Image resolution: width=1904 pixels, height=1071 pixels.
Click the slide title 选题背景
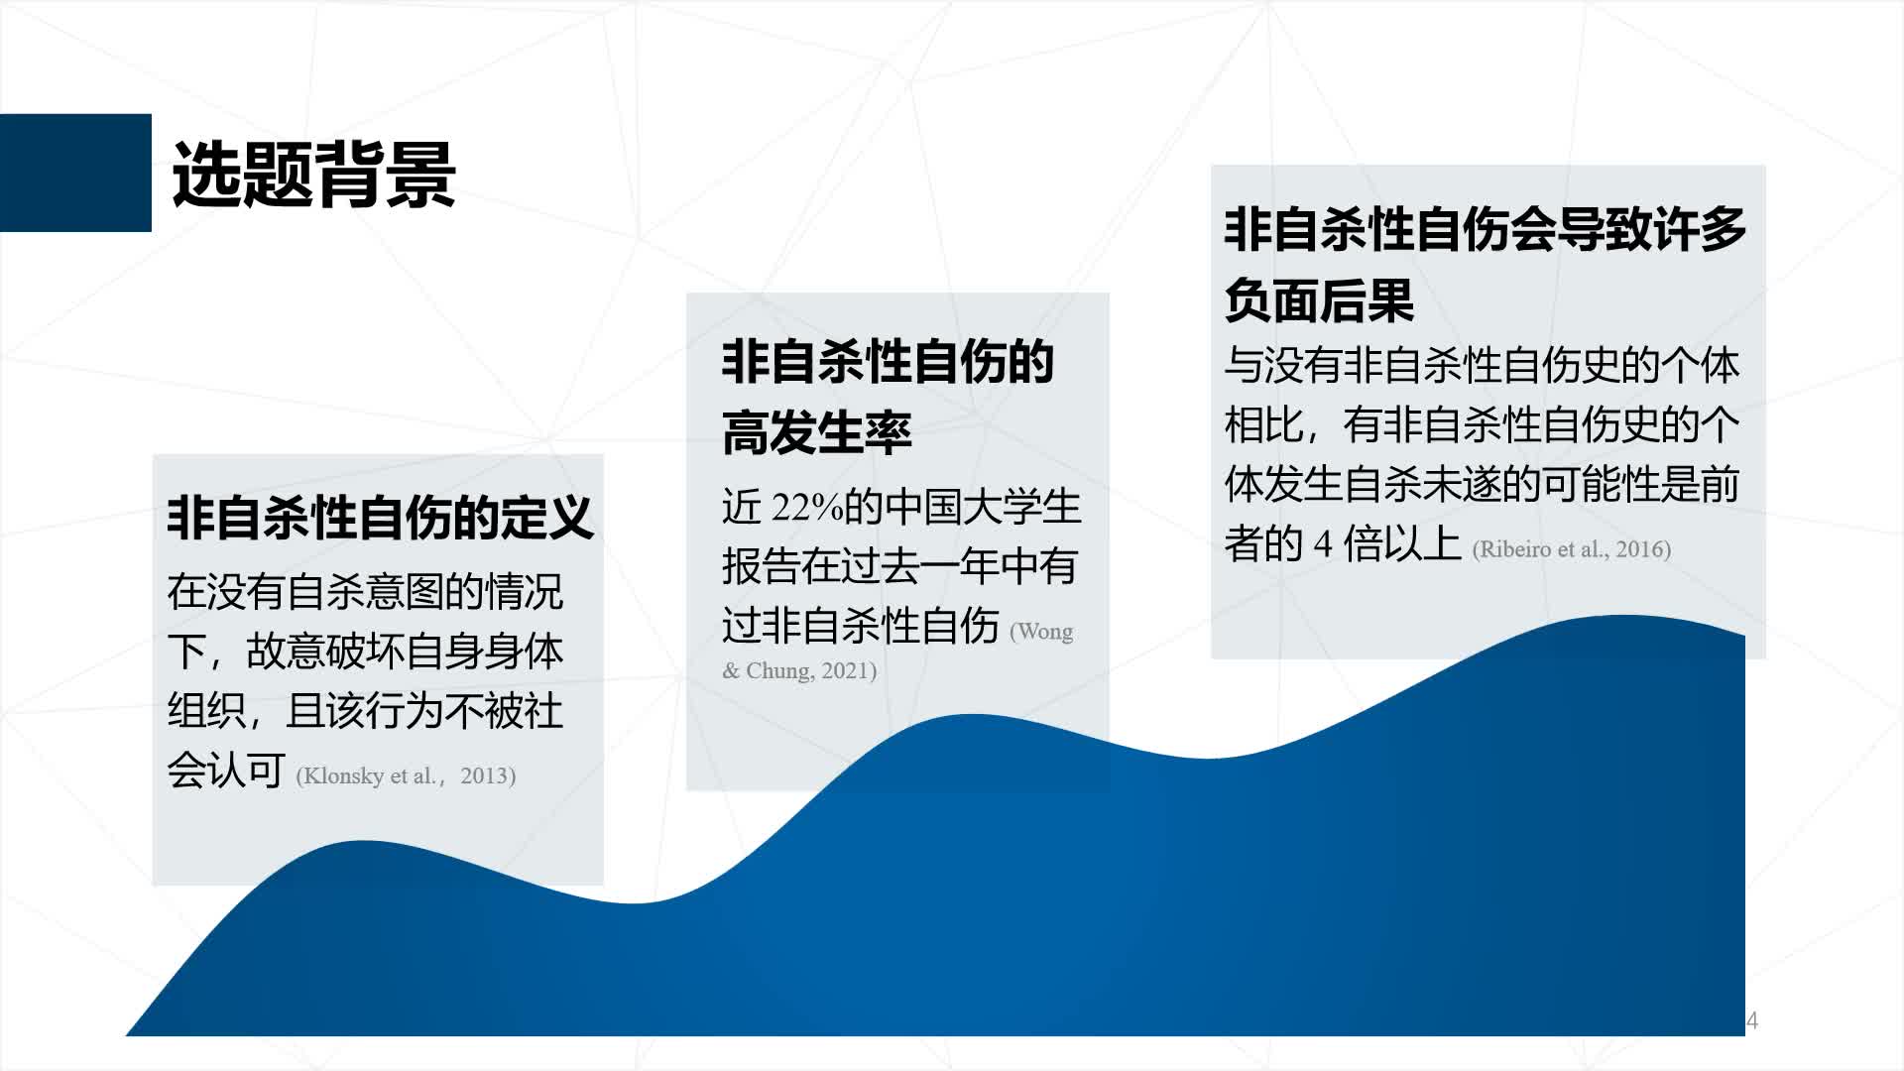tap(313, 175)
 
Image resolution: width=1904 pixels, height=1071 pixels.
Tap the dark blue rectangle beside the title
tap(75, 173)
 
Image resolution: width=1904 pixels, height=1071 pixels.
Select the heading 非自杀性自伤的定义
tap(381, 518)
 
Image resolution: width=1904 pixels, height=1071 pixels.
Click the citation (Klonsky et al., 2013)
tap(406, 775)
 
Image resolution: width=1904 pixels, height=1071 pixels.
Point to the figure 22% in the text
tap(807, 508)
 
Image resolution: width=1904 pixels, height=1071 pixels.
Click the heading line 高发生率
tap(816, 433)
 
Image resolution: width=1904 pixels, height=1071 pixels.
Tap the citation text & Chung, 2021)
tap(799, 670)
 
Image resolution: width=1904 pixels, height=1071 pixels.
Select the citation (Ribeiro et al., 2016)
tap(1572, 549)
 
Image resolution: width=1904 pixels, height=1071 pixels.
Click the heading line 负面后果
tap(1319, 300)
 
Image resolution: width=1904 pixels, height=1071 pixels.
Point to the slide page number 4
tap(1752, 1020)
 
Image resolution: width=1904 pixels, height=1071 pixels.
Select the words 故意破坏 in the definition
tap(325, 652)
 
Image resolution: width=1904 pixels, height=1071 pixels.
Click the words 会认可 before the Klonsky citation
tap(226, 771)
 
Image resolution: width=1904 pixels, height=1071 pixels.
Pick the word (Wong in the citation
tap(1041, 632)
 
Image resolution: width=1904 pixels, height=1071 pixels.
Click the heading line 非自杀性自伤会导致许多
tap(1485, 229)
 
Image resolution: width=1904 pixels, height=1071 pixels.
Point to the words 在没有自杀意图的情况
tap(365, 592)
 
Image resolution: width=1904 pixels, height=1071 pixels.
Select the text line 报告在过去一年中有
tap(899, 566)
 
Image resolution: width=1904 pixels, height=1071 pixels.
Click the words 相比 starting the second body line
tap(1264, 425)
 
